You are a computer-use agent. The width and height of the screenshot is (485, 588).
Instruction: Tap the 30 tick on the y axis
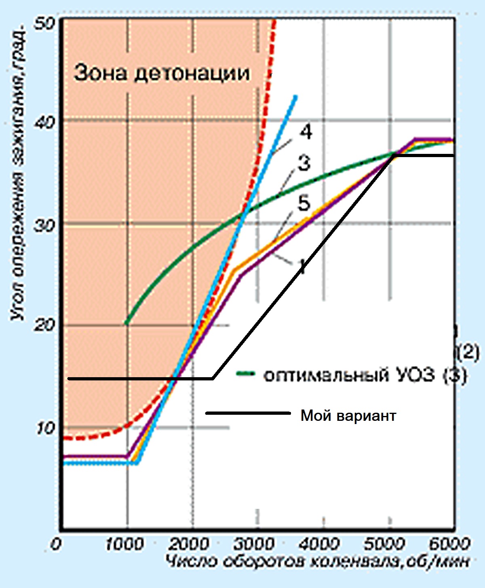(x=44, y=225)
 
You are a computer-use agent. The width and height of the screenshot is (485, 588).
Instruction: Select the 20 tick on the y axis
(x=44, y=325)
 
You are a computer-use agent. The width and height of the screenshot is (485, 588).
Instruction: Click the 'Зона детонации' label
(x=162, y=73)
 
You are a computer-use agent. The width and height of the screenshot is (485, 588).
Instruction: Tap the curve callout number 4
(x=306, y=132)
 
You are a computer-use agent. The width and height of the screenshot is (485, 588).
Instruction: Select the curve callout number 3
(x=304, y=163)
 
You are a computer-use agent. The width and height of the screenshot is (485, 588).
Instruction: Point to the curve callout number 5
(x=304, y=203)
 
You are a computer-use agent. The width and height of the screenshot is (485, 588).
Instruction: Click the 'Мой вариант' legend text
(x=348, y=416)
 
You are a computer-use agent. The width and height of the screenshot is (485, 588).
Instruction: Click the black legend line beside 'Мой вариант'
(x=248, y=413)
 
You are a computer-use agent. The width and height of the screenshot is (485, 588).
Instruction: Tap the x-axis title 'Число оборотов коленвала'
(x=318, y=562)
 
